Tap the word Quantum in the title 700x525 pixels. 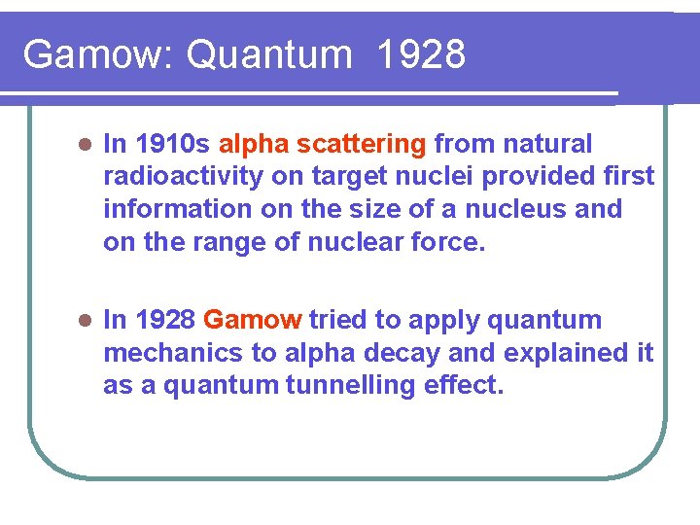[268, 55]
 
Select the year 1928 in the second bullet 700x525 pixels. [165, 320]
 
